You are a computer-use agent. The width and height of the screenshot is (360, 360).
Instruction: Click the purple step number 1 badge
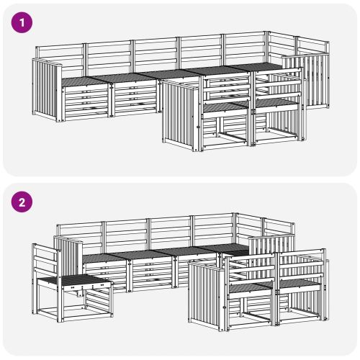click(x=22, y=22)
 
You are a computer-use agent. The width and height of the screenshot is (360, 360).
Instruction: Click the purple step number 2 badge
click(x=22, y=202)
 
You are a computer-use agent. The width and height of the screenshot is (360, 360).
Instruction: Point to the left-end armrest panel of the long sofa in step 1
click(x=47, y=90)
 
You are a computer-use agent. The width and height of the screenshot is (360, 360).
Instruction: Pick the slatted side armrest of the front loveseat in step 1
click(x=181, y=116)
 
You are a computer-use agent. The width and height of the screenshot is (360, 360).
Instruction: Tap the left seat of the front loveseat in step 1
click(x=225, y=107)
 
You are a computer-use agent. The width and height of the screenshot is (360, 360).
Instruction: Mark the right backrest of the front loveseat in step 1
click(x=278, y=84)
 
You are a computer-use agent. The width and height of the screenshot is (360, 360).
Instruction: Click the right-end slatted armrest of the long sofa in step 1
click(x=305, y=81)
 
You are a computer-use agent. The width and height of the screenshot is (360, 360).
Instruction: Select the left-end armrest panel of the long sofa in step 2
click(x=68, y=256)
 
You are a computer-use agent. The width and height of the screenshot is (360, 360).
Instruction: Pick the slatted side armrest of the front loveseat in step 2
click(x=207, y=296)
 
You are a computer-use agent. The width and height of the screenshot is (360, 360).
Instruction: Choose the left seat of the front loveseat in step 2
click(x=250, y=287)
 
